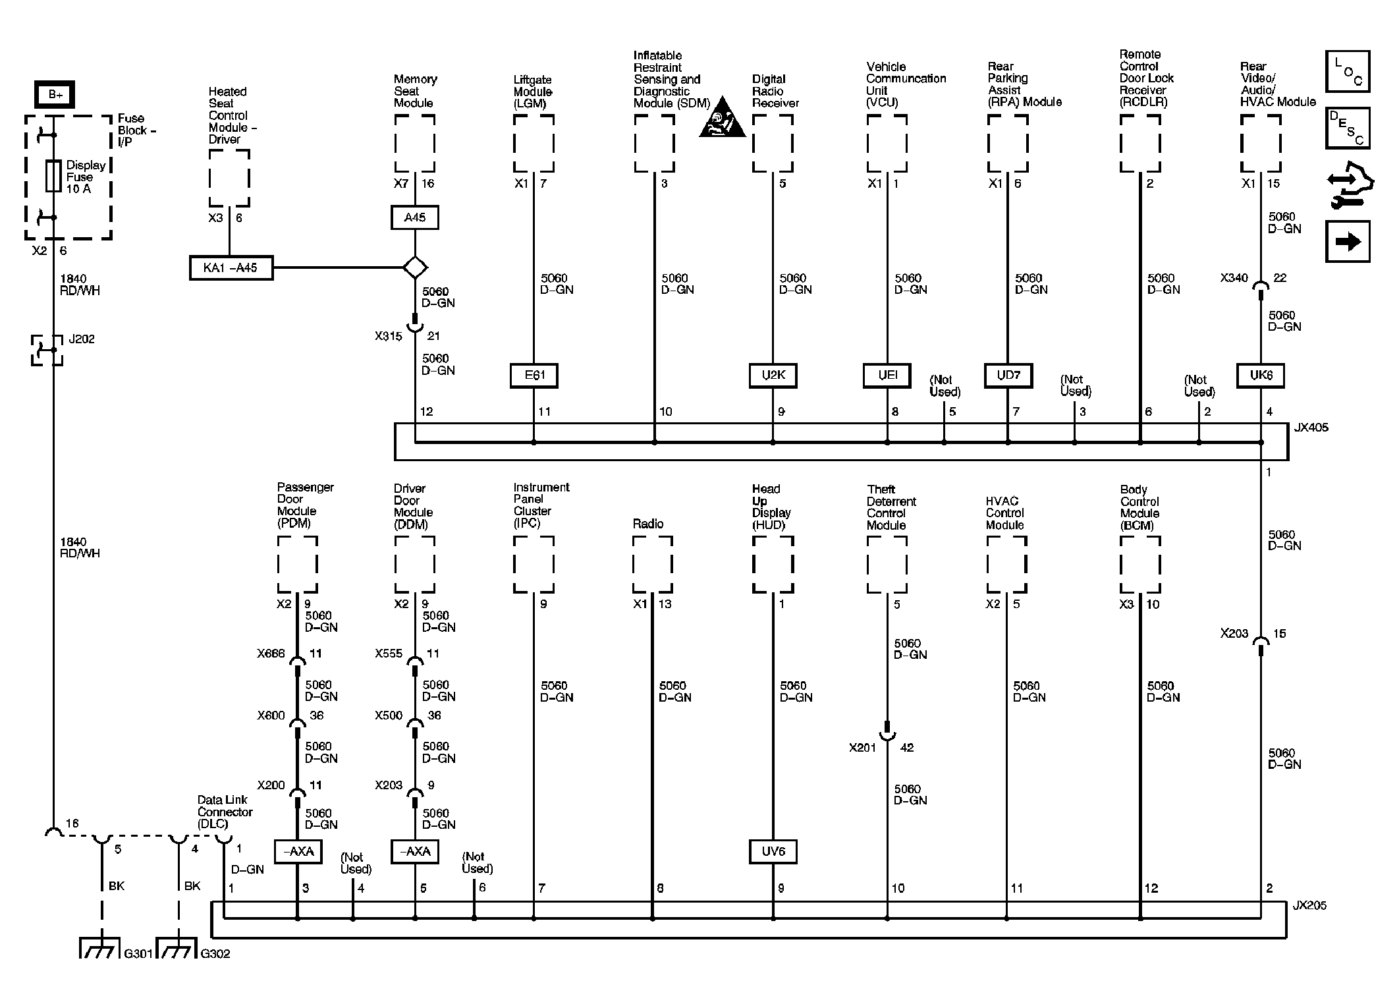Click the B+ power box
tap(55, 95)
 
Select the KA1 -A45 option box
tap(231, 268)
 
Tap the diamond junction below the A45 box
tap(415, 267)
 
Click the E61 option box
tap(534, 375)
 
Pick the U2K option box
tap(773, 375)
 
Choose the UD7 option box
tap(1008, 375)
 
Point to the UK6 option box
tap(1261, 375)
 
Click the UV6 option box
tap(773, 851)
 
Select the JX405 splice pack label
tap(1311, 428)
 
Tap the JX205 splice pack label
tap(1309, 905)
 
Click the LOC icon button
tap(1348, 71)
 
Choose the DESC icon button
tap(1348, 128)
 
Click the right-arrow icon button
tap(1348, 241)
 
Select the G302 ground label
tap(215, 953)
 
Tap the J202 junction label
tap(82, 339)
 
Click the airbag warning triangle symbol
tap(722, 121)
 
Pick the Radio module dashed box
tap(652, 565)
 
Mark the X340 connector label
tap(1234, 278)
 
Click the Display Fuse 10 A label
tap(86, 177)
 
